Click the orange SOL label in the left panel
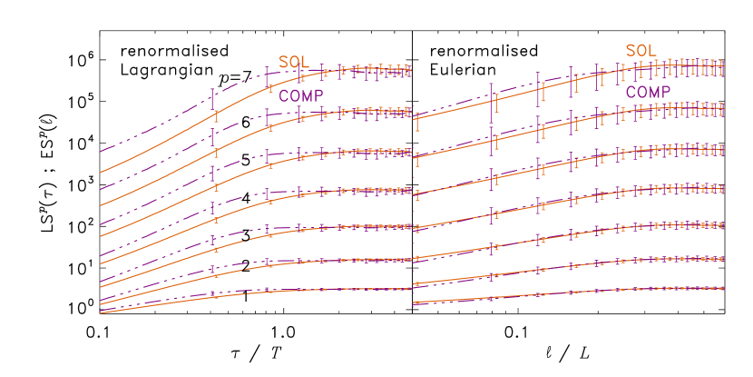(293, 62)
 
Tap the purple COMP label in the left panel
(301, 95)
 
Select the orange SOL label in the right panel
(641, 50)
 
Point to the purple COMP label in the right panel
(649, 92)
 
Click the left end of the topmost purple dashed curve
(101, 151)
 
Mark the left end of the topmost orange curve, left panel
(101, 172)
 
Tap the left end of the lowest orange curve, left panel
(101, 313)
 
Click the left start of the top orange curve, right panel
(416, 118)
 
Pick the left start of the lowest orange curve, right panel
(414, 303)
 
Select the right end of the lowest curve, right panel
(723, 288)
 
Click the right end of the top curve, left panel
(410, 69)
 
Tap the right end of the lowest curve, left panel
(410, 289)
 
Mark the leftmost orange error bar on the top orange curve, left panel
(216, 114)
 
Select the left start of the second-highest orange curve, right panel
(416, 157)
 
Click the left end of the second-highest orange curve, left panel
(101, 205)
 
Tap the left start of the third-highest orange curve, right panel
(416, 194)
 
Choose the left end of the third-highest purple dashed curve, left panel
(101, 223)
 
